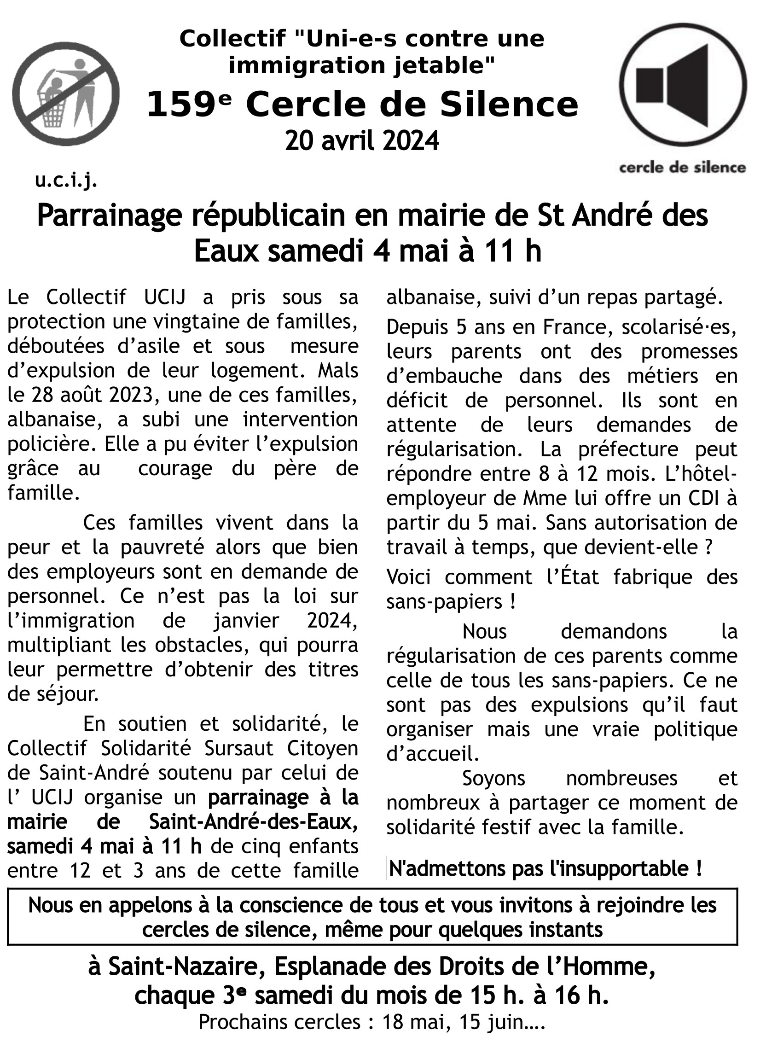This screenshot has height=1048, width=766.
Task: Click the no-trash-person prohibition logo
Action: (65, 92)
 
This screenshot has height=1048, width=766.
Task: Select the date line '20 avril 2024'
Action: (362, 141)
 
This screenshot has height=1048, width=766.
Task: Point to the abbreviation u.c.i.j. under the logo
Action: (66, 181)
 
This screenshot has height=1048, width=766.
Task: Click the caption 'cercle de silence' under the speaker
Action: (683, 168)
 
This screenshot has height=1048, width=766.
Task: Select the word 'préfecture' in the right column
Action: (628, 449)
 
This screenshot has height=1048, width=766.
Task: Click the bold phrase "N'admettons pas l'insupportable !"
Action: (545, 868)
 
